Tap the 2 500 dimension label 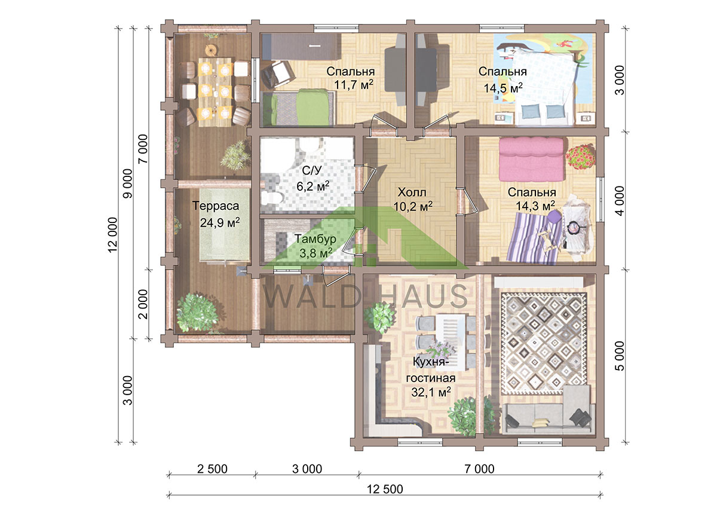212,469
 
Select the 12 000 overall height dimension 113,235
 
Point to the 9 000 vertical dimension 128,184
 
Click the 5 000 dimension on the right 620,356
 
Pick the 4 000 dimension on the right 620,201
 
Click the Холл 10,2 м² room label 413,199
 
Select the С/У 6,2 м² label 312,178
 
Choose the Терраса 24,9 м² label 216,213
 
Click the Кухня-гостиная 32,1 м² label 431,377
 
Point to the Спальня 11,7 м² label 351,78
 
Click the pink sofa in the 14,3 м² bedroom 531,159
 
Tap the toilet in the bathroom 271,198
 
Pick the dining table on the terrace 216,92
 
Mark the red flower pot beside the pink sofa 580,157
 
